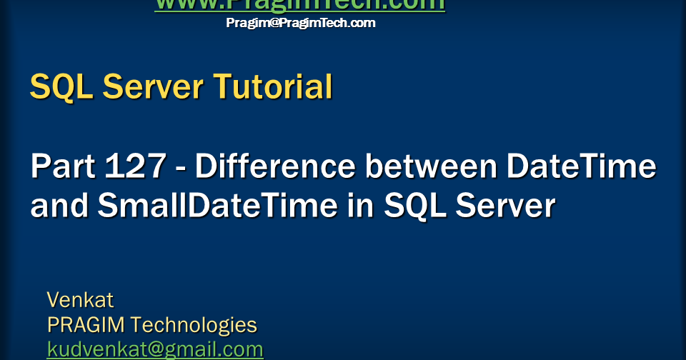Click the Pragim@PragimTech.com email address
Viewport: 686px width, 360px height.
point(301,23)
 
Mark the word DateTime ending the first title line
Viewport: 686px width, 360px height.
point(581,167)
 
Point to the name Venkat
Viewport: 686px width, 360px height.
point(80,299)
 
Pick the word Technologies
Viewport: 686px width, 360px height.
point(194,325)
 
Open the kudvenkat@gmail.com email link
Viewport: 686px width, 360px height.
point(155,349)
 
